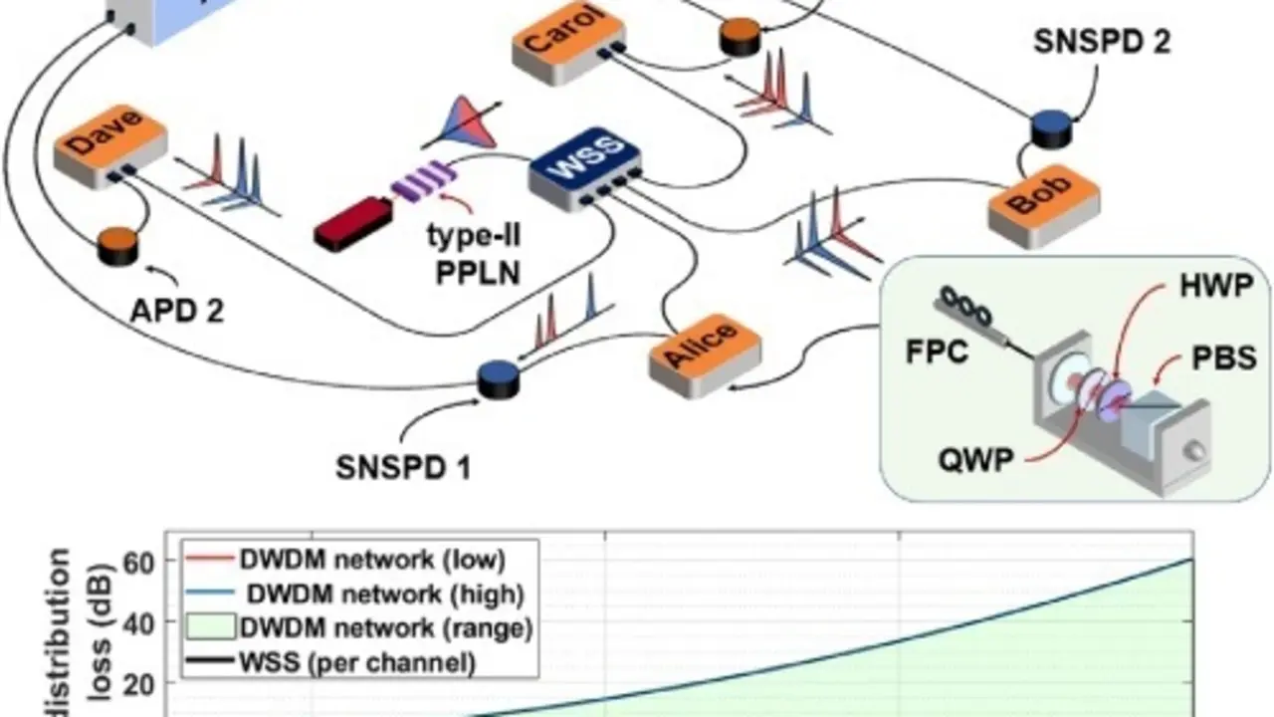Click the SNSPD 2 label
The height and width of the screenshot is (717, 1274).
pyautogui.click(x=1101, y=41)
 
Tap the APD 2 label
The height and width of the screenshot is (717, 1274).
pyautogui.click(x=177, y=311)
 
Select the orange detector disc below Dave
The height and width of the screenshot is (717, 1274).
pyautogui.click(x=118, y=246)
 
